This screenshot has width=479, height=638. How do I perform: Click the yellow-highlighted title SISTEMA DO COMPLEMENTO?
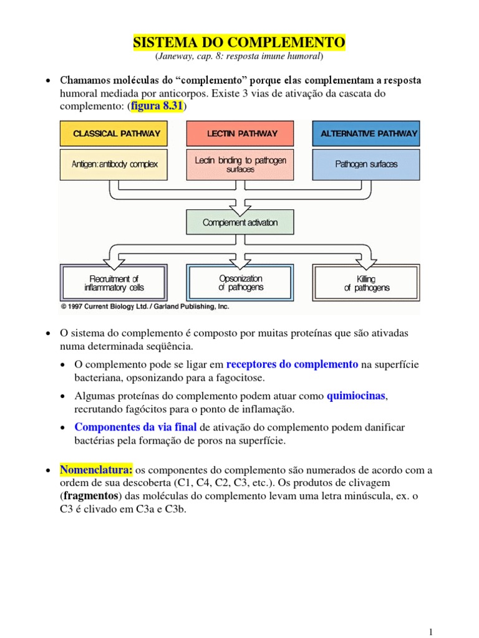[x=239, y=42]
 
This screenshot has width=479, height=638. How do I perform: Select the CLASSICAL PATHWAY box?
[x=117, y=133]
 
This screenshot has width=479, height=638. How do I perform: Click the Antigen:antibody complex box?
[x=115, y=164]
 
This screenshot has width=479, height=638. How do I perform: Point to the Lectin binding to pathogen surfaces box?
[x=240, y=164]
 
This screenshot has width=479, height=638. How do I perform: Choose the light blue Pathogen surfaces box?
[x=366, y=164]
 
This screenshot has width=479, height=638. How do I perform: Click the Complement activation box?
[x=240, y=222]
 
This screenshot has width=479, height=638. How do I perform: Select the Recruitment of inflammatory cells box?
[x=114, y=283]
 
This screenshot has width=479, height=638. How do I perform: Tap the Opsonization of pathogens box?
[x=240, y=283]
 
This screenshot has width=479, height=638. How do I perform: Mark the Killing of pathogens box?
[x=366, y=283]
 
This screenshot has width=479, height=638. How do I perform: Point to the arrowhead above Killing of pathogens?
[x=365, y=256]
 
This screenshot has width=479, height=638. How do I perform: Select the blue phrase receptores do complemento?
[x=292, y=364]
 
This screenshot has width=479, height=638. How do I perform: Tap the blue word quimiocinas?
[x=357, y=396]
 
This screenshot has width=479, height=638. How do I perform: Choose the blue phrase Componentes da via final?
[x=135, y=427]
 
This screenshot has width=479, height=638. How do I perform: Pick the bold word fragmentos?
[x=93, y=496]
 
